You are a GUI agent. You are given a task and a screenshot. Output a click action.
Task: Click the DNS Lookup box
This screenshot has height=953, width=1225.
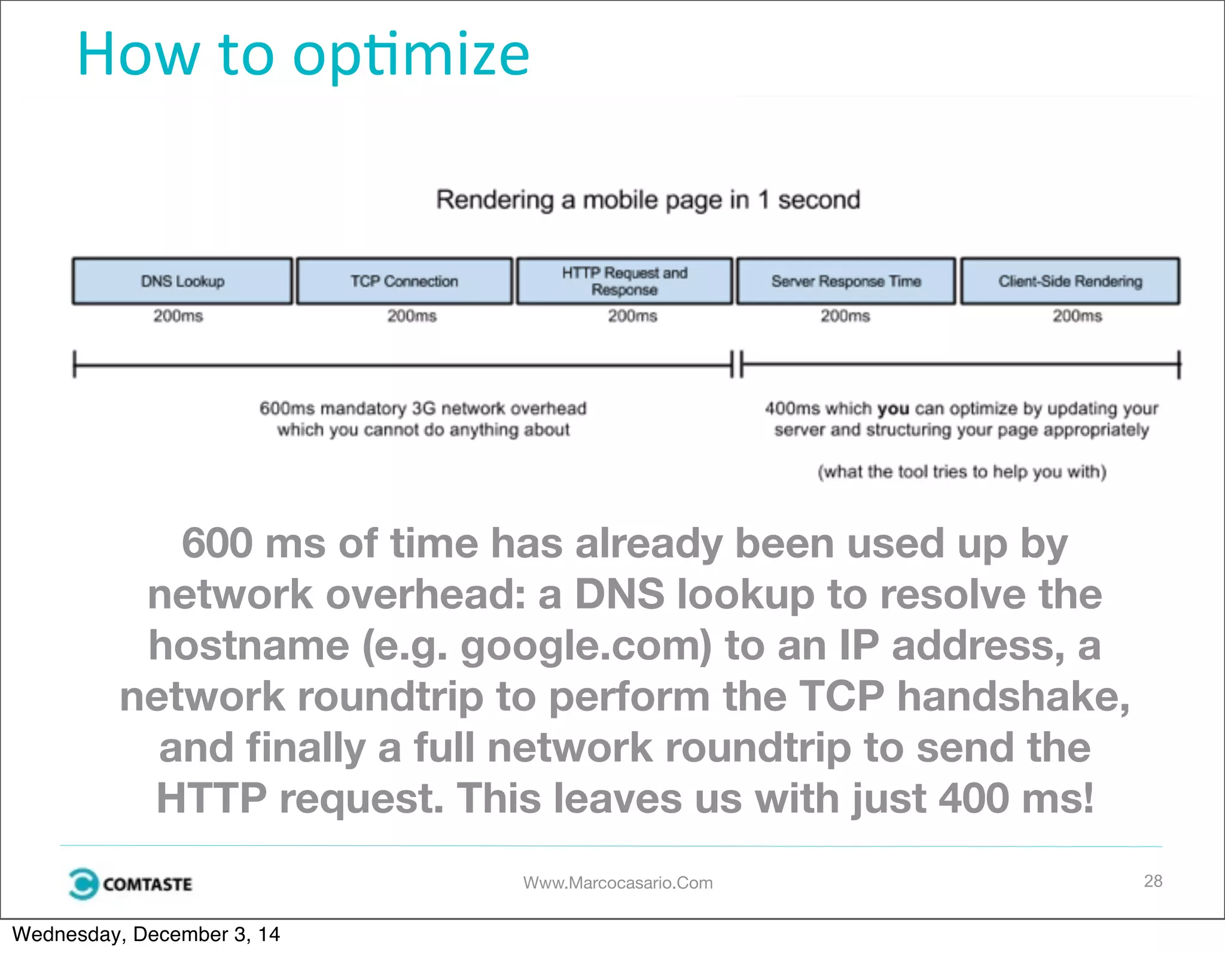pyautogui.click(x=182, y=281)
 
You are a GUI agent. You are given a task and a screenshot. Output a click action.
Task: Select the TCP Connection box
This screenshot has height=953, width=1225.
pyautogui.click(x=404, y=281)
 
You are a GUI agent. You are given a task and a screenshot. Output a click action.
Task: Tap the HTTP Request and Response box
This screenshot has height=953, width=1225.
pyautogui.click(x=624, y=281)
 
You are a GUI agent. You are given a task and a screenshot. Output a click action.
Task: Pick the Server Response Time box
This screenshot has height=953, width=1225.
pyautogui.click(x=846, y=281)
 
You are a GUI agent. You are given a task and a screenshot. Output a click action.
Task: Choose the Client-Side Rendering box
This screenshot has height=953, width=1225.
pyautogui.click(x=1070, y=281)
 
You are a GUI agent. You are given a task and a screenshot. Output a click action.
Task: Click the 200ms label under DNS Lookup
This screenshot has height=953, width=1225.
pyautogui.click(x=178, y=316)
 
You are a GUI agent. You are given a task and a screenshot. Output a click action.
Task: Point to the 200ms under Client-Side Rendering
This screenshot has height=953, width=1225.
pyautogui.click(x=1077, y=316)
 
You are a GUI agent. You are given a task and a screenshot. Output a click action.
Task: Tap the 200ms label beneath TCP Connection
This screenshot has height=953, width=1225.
pyautogui.click(x=412, y=316)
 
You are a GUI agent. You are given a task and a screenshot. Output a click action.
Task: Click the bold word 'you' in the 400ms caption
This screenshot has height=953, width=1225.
pyautogui.click(x=893, y=409)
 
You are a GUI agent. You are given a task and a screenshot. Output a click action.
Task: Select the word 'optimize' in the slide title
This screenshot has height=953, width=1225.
pyautogui.click(x=410, y=55)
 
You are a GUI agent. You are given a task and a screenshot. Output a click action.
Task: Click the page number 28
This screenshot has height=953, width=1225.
pyautogui.click(x=1153, y=881)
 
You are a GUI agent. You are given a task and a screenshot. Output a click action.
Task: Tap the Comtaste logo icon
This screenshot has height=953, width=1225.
pyautogui.click(x=83, y=884)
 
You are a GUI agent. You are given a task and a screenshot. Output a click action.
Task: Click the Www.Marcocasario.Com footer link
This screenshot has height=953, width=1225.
pyautogui.click(x=618, y=883)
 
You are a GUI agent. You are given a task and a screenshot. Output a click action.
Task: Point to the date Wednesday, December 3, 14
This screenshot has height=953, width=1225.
pyautogui.click(x=146, y=934)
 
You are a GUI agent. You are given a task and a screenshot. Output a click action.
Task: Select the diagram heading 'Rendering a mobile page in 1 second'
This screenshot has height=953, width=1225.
pyautogui.click(x=648, y=200)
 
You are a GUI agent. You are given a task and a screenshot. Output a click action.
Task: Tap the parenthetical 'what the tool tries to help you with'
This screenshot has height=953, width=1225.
pyautogui.click(x=962, y=472)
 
